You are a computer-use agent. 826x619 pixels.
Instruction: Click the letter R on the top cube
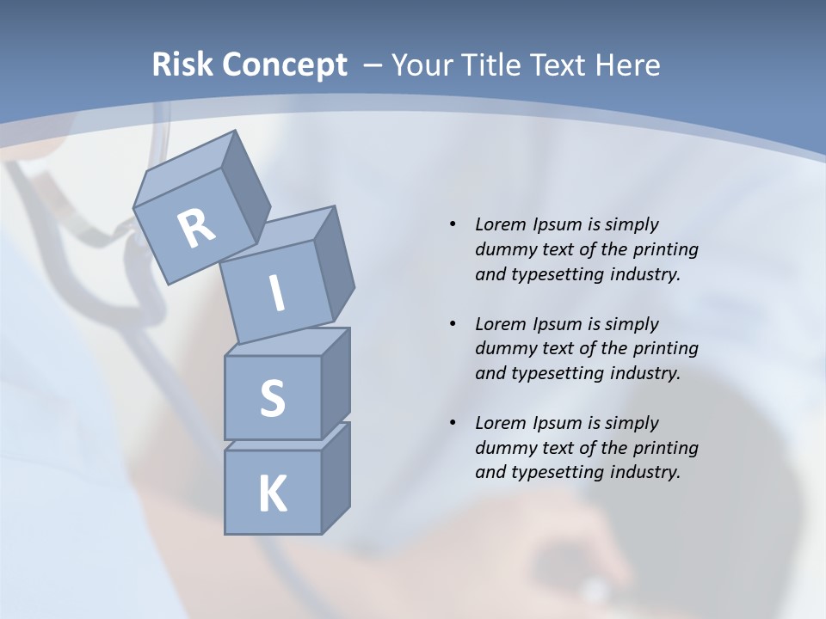coord(197,228)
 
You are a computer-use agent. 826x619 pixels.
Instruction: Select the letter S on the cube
coord(272,398)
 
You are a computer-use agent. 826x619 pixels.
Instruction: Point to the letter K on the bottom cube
coord(272,493)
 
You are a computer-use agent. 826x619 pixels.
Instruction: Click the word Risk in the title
coord(182,65)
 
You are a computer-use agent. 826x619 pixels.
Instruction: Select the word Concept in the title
coord(284,65)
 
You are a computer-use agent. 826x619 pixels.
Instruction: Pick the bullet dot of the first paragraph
coord(453,224)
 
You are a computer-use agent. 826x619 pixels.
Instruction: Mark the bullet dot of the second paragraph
coord(453,324)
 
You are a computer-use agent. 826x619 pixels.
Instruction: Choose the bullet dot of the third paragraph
coord(453,423)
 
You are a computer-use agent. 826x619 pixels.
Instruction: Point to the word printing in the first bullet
coord(665,249)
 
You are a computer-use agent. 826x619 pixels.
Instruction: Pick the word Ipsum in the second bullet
coord(558,324)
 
